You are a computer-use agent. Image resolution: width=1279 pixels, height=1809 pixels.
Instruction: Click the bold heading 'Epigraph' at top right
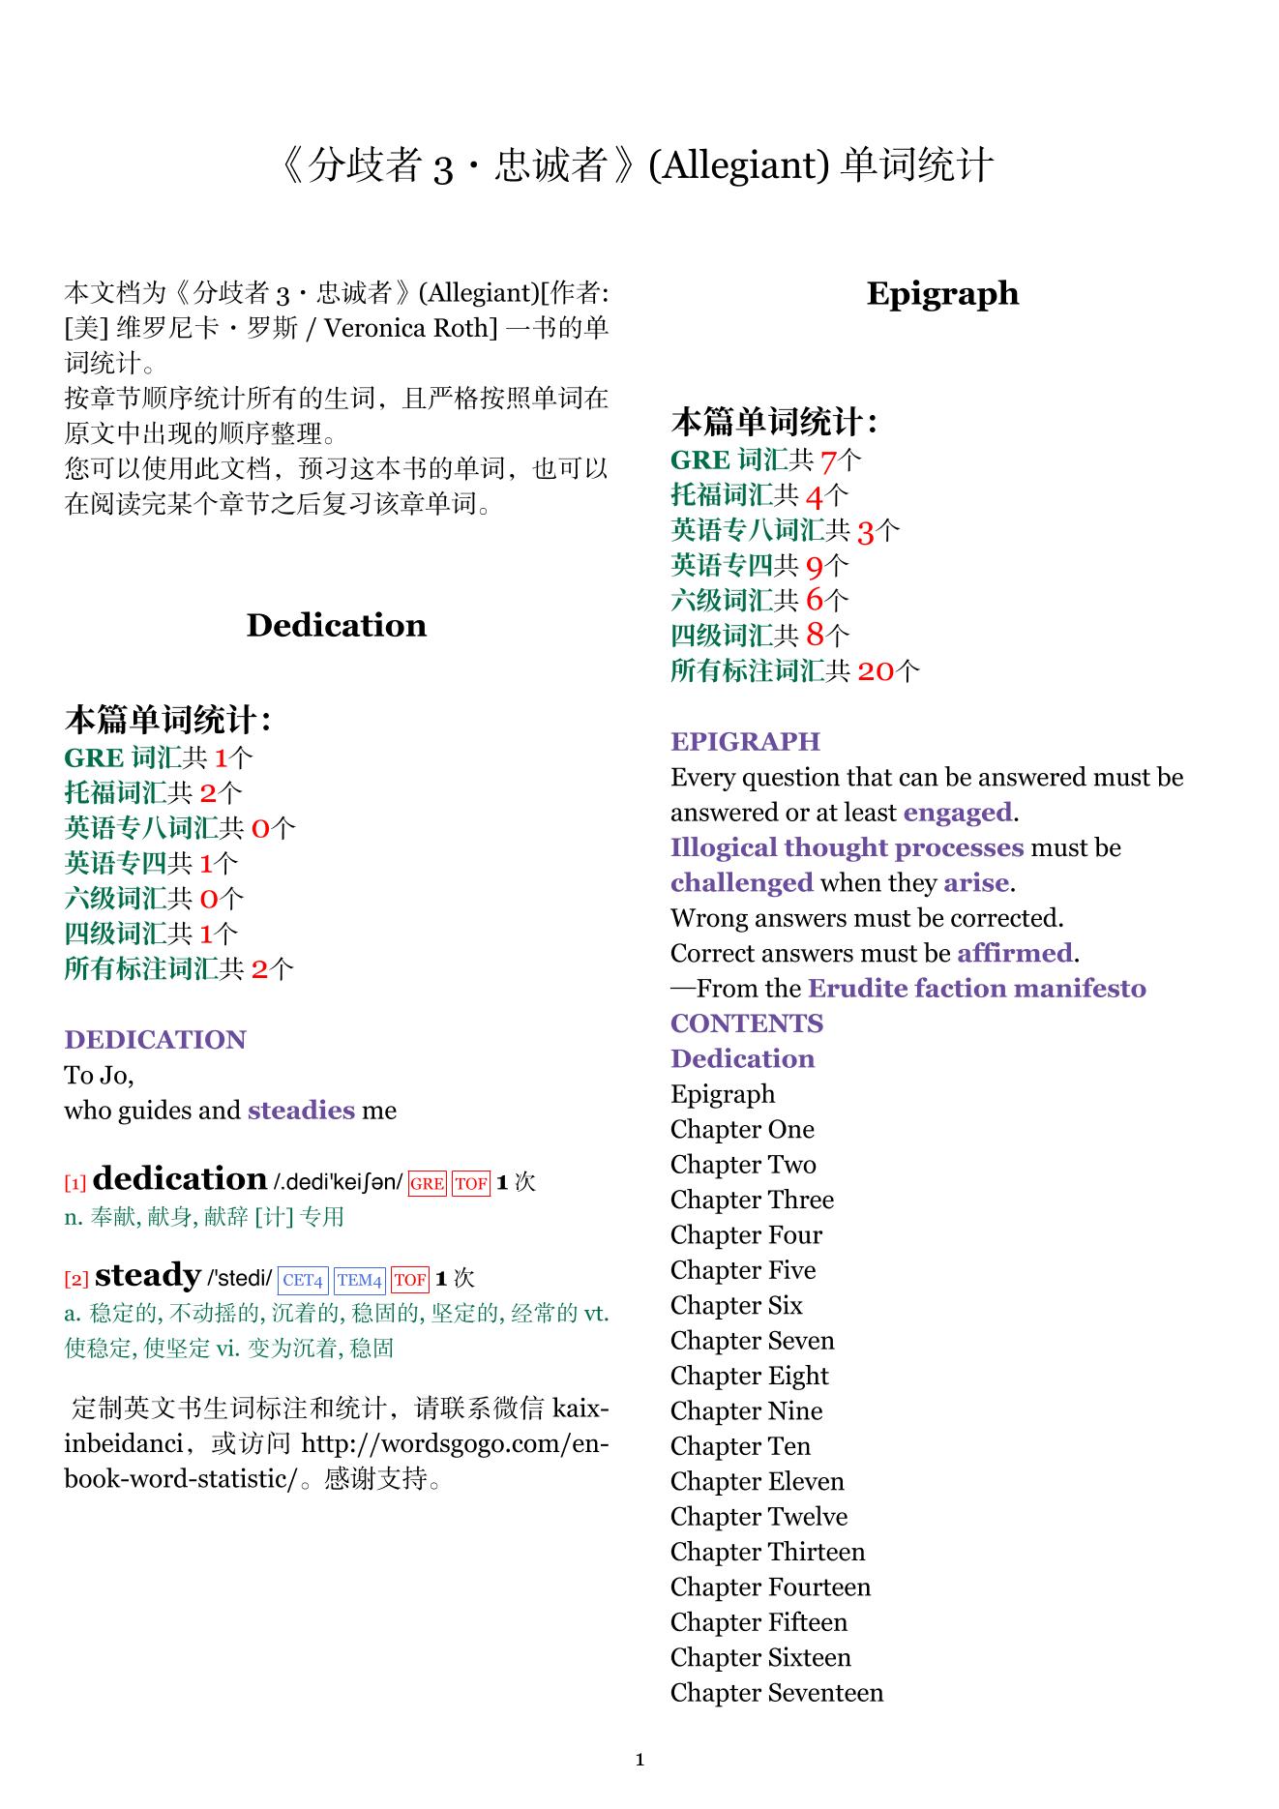(x=942, y=293)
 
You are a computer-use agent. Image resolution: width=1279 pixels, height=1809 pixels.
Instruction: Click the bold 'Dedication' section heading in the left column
(x=336, y=625)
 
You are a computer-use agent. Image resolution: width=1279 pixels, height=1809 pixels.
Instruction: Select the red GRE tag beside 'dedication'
(x=427, y=1183)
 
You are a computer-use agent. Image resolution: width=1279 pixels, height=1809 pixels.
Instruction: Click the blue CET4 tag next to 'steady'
(x=303, y=1280)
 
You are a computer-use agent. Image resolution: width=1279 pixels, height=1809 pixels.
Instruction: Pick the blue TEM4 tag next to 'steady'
(x=360, y=1280)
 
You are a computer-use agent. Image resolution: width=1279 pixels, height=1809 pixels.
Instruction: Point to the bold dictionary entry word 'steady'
(x=147, y=1275)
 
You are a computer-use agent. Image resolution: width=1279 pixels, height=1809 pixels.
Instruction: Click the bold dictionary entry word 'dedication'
(x=180, y=1178)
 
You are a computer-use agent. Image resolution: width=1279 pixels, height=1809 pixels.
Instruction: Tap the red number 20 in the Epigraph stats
(x=876, y=670)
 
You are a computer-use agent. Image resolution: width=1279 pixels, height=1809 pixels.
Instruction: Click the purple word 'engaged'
(x=958, y=813)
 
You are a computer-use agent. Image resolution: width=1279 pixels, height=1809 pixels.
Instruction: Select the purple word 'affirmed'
(x=1015, y=953)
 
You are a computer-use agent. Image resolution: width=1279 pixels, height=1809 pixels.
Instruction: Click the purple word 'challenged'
(x=742, y=882)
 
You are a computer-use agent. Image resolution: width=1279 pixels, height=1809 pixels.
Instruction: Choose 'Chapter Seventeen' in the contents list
(x=777, y=1692)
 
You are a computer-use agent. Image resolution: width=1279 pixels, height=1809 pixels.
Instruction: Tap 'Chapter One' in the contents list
(x=742, y=1129)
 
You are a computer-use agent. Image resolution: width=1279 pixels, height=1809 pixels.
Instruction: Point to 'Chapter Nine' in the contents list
(x=746, y=1410)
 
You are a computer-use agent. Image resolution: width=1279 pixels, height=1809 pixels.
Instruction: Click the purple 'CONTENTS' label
(x=747, y=1023)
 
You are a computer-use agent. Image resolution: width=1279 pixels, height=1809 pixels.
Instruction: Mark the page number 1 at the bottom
(x=639, y=1760)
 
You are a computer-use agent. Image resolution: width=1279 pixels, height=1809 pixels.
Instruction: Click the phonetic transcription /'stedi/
(x=240, y=1279)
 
